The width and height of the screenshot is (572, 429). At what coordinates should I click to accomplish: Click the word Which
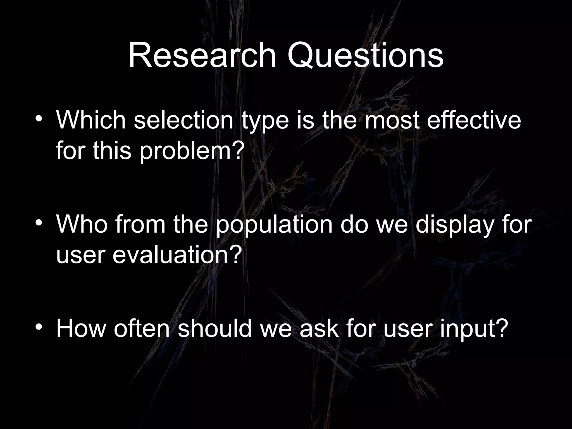tap(91, 120)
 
